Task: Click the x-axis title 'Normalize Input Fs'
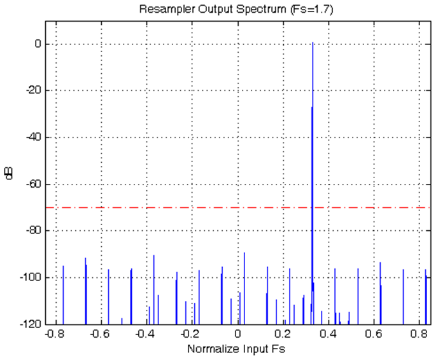click(236, 350)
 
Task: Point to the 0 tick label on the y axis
click(39, 45)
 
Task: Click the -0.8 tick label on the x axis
click(55, 334)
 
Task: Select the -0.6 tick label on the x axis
click(100, 334)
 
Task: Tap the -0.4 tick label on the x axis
click(146, 334)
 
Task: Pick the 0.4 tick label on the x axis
click(328, 334)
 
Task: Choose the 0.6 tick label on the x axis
click(374, 334)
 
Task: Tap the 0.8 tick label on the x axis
click(419, 334)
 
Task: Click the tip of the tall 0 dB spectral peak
click(313, 43)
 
